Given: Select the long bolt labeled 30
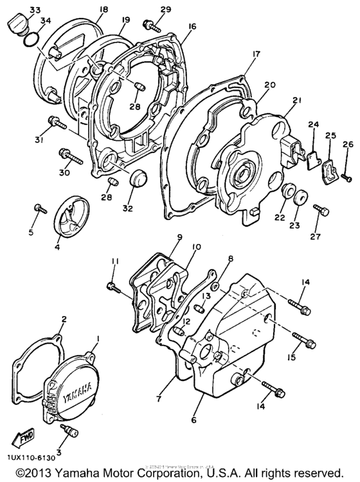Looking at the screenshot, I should (69, 156).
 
